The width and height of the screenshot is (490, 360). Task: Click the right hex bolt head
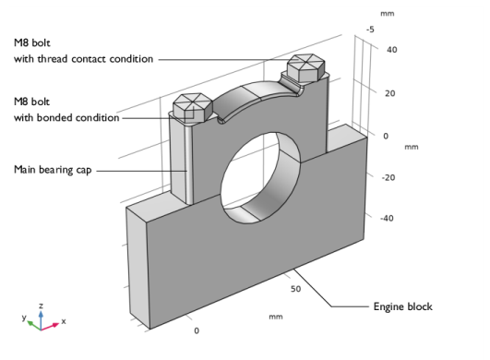tap(305, 67)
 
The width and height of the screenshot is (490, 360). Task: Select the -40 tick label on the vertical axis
tap(388, 219)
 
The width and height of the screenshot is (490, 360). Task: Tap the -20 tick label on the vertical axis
tap(388, 176)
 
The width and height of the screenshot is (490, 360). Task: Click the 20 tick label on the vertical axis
tap(390, 92)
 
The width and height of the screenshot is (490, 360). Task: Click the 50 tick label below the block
tap(296, 289)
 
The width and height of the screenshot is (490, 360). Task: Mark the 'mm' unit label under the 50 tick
tap(275, 316)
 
